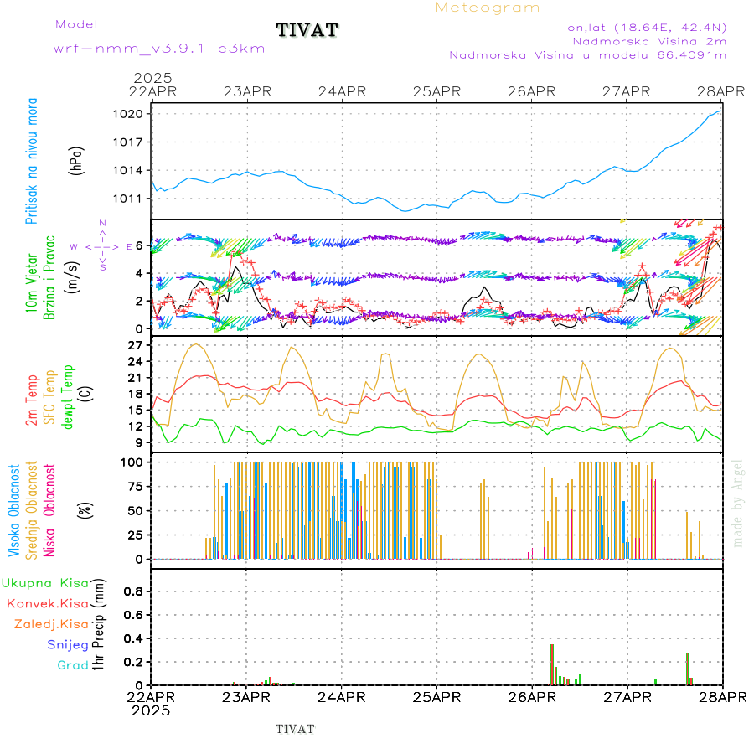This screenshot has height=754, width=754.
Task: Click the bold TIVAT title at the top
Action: [x=307, y=30]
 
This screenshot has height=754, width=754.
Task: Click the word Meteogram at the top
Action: [x=488, y=8]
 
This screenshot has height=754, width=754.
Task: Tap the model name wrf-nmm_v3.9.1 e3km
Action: [x=159, y=49]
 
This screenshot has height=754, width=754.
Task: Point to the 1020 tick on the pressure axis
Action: [x=135, y=114]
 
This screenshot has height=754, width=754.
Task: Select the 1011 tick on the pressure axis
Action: [x=135, y=199]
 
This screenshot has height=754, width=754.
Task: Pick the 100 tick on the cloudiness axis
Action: [x=134, y=462]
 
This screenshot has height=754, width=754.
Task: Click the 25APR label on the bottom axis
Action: [x=436, y=697]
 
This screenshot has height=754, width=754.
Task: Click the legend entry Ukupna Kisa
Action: [x=45, y=582]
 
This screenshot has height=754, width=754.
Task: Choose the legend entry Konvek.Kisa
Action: [x=48, y=603]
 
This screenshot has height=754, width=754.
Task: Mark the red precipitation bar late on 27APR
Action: [x=687, y=668]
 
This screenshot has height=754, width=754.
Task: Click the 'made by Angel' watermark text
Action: [x=737, y=503]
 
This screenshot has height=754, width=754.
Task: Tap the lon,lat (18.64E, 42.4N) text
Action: [x=645, y=27]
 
